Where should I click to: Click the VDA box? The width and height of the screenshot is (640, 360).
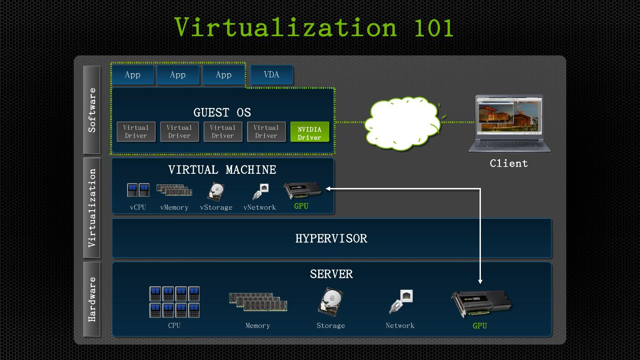(x=272, y=75)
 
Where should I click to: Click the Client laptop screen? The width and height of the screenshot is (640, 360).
(x=509, y=117)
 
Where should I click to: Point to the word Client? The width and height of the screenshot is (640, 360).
(x=509, y=164)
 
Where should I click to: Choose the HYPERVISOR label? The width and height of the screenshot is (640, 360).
(x=331, y=239)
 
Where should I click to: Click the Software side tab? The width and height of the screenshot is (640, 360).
(x=92, y=110)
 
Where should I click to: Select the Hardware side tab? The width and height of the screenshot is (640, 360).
(x=92, y=299)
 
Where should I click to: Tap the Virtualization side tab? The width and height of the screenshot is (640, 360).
(x=92, y=208)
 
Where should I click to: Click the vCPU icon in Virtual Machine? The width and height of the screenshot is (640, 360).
(x=138, y=190)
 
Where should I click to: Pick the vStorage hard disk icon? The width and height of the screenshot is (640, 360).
(x=216, y=192)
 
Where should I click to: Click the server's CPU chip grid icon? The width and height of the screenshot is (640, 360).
(x=174, y=302)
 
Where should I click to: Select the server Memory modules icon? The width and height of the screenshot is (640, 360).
(x=258, y=302)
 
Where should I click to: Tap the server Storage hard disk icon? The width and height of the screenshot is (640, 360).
(x=330, y=302)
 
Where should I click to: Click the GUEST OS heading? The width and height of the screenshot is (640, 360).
(x=222, y=112)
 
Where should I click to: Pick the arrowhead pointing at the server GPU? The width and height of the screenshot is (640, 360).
(x=480, y=281)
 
